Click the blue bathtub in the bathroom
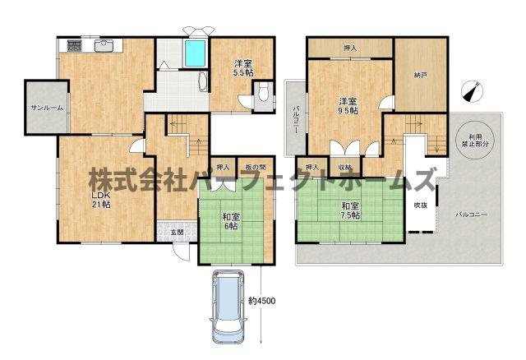(x=195, y=55)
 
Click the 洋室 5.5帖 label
(x=242, y=67)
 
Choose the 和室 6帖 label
(x=229, y=220)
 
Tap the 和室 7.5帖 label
(x=349, y=210)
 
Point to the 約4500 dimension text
(x=262, y=302)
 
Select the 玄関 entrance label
(x=178, y=232)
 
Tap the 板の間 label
(x=256, y=167)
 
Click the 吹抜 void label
(x=420, y=204)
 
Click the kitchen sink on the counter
(x=104, y=46)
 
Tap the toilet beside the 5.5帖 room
(x=260, y=98)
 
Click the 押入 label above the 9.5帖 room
(x=350, y=48)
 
